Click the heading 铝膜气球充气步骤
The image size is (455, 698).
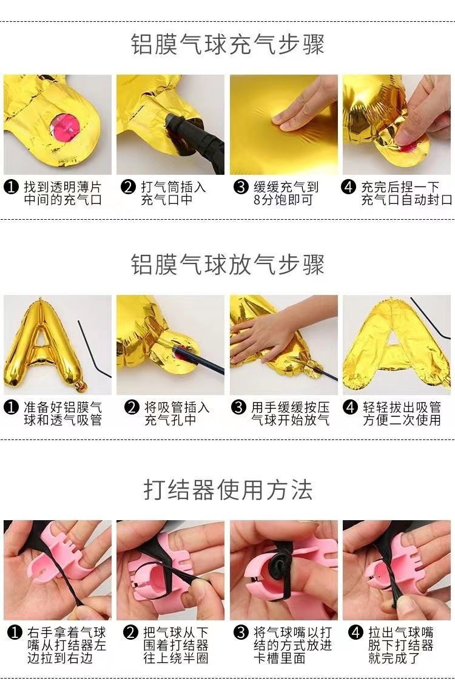227,44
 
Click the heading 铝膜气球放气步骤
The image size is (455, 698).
227,265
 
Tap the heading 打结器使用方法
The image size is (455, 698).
227,490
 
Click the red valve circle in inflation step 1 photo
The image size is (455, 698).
65,126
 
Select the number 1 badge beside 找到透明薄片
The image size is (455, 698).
11,187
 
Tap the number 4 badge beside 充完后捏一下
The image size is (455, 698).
349,187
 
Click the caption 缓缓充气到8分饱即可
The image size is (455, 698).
285,193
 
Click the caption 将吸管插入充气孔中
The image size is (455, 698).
176,413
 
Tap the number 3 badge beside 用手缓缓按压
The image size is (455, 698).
239,407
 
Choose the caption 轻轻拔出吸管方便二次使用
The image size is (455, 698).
402,413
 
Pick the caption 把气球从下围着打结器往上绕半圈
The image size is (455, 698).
176,645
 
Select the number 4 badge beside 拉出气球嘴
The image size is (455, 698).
356,632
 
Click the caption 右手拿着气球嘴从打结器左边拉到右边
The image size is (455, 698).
67,645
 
